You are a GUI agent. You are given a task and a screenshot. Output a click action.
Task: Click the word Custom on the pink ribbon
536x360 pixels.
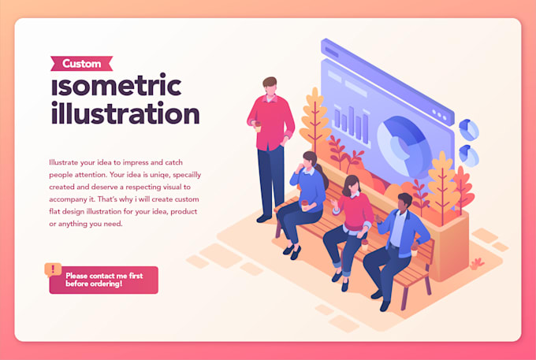point(81,64)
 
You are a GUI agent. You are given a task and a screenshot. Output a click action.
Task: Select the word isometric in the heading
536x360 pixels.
point(116,84)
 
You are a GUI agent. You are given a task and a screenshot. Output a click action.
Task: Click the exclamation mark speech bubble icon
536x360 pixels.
point(53,269)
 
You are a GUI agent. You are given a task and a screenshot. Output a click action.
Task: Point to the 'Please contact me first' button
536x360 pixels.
point(104,280)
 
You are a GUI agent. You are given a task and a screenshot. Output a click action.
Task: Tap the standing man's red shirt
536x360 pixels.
point(270,122)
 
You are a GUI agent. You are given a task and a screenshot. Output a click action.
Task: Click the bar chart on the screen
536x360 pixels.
point(352,124)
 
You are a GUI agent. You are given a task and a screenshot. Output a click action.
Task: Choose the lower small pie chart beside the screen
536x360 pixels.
point(470,154)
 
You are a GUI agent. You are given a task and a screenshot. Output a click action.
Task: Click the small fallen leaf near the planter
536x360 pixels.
point(477,262)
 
